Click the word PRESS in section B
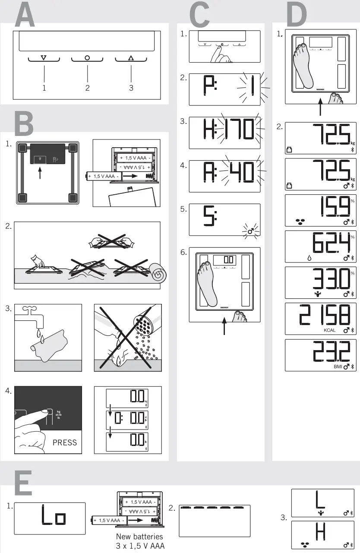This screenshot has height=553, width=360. tap(65, 442)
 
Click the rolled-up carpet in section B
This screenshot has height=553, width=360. tap(158, 272)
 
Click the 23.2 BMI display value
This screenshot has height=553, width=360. tap(331, 354)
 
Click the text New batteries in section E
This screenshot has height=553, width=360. tap(139, 537)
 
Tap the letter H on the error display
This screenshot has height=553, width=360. tap(320, 533)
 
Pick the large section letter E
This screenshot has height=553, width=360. tap(23, 483)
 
